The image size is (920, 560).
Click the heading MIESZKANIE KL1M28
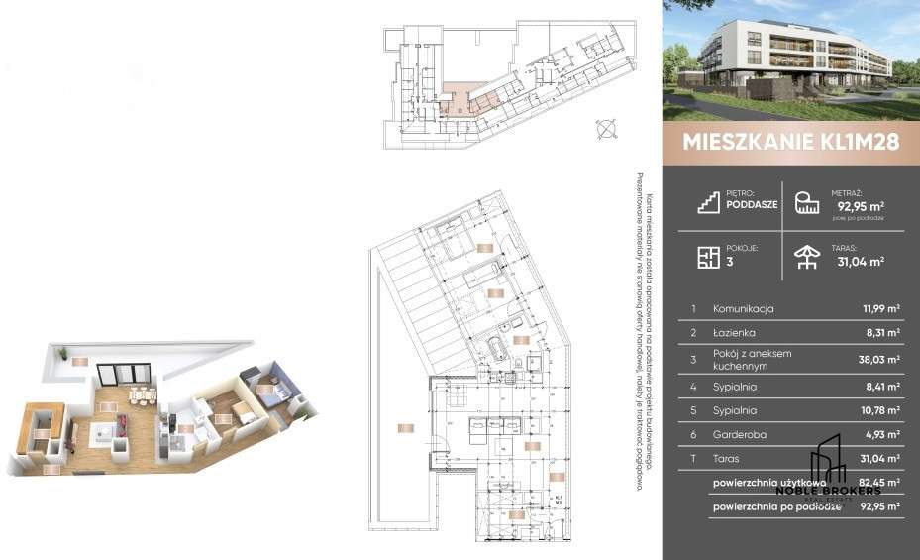pos(790,142)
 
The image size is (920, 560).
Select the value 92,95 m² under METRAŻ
pos(860,207)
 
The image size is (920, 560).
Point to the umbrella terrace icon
pos(807,258)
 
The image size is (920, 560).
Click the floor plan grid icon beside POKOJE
pos(707,258)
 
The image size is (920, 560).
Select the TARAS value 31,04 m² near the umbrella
pos(861,262)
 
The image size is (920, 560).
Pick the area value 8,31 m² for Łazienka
pos(880,334)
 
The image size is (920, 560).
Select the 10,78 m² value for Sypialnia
pos(878,409)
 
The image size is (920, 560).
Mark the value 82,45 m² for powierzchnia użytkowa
pos(878,482)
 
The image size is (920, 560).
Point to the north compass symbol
pos(607,127)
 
